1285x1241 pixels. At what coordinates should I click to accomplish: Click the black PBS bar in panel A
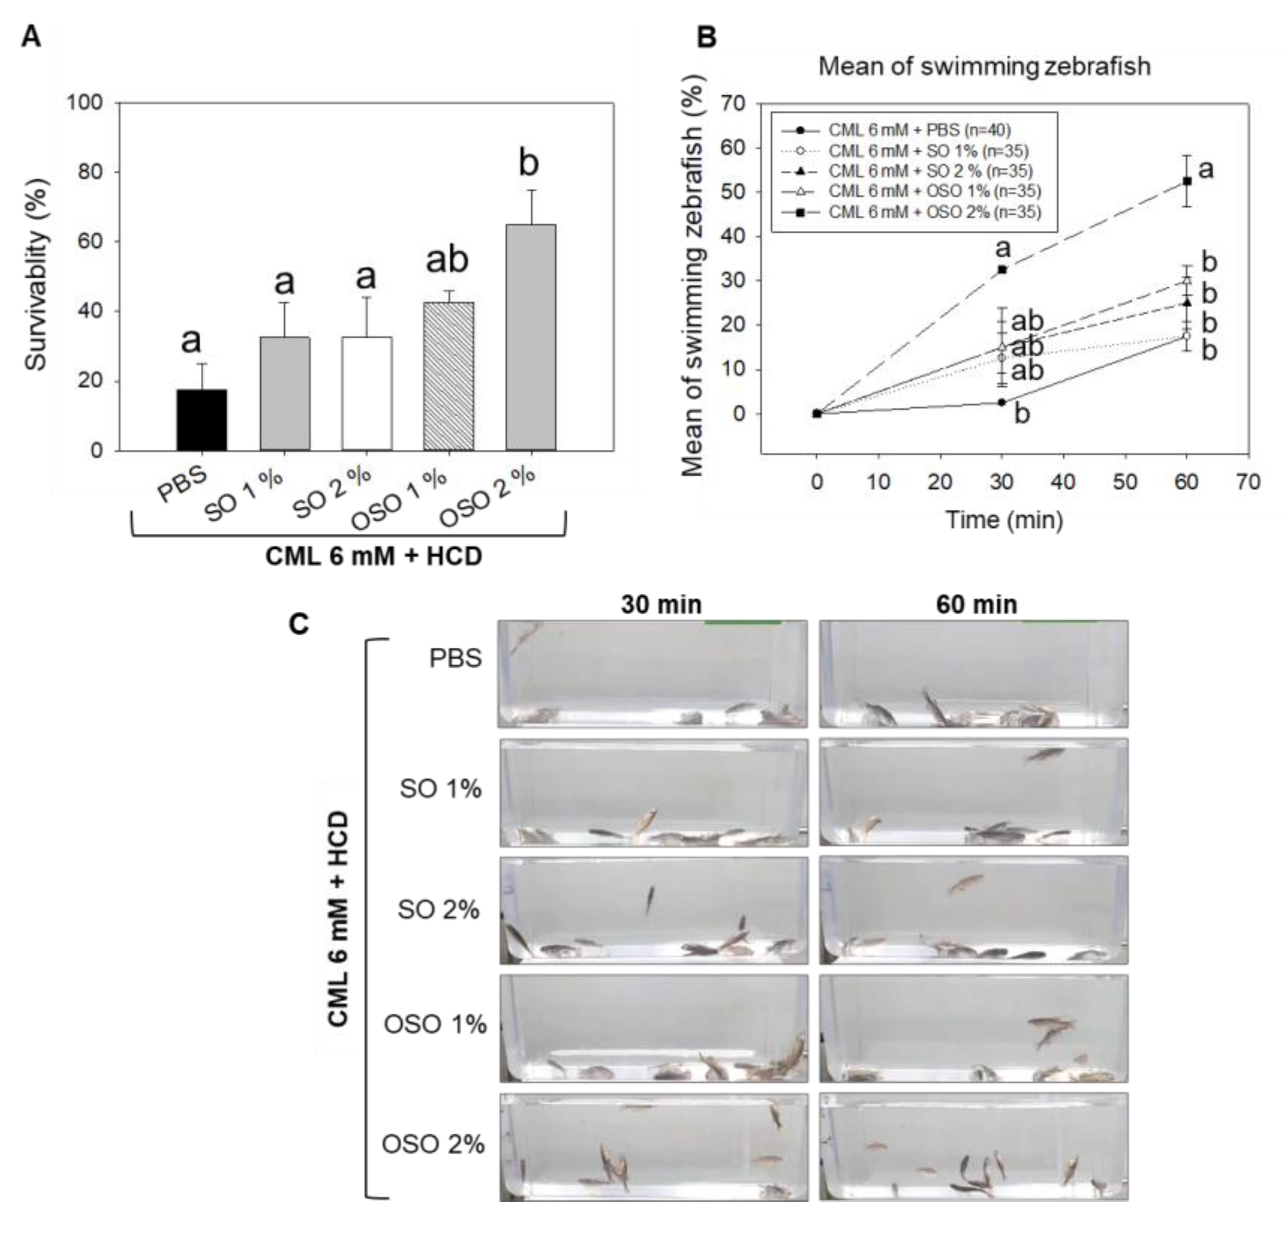pyautogui.click(x=202, y=419)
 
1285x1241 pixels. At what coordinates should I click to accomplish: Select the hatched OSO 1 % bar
pyautogui.click(x=448, y=377)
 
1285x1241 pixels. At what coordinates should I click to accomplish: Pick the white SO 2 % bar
pyautogui.click(x=367, y=394)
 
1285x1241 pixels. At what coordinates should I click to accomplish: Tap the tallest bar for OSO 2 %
pyautogui.click(x=530, y=337)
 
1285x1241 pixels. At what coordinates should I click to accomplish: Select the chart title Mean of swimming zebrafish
pyautogui.click(x=984, y=67)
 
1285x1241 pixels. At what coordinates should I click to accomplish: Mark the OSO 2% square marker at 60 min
pyautogui.click(x=1187, y=181)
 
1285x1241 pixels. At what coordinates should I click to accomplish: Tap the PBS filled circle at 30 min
pyautogui.click(x=1002, y=403)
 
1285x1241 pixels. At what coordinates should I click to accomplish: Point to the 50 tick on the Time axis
pyautogui.click(x=1125, y=482)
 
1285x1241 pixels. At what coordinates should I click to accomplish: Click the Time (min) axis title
pyautogui.click(x=1004, y=520)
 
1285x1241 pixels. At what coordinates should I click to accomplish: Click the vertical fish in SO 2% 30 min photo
pyautogui.click(x=650, y=899)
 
